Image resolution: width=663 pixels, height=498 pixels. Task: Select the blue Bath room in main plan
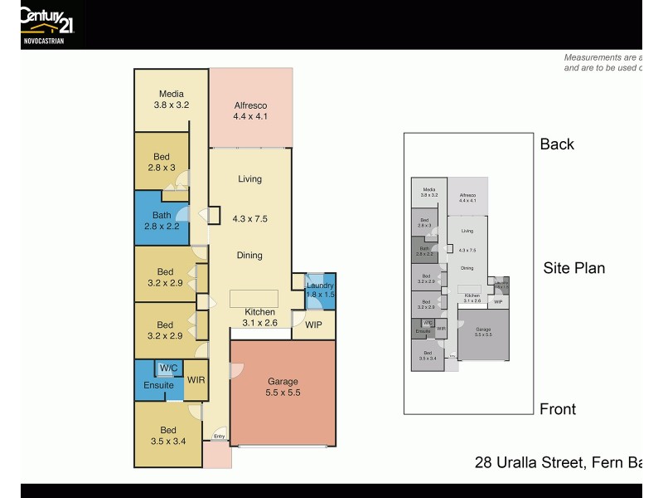point(162,220)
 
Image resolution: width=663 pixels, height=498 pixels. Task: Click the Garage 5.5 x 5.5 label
point(283,388)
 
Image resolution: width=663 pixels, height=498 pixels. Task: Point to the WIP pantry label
point(313,325)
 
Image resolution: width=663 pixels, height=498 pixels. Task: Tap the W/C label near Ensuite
point(168,368)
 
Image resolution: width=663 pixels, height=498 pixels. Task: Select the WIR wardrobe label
point(196,380)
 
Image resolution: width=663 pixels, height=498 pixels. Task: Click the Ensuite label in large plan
point(158,385)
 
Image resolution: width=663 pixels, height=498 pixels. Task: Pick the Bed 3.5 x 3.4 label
point(168,436)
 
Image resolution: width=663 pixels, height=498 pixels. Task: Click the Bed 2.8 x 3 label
point(162,162)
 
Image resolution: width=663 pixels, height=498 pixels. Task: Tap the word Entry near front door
point(219,436)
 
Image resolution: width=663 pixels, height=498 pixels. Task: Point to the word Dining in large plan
point(249,256)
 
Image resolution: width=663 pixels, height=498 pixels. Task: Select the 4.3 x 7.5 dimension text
point(249,219)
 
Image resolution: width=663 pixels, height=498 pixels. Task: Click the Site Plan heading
point(573,268)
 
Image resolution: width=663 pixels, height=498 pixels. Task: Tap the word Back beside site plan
point(557,144)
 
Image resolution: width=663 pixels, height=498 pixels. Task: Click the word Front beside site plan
point(558,409)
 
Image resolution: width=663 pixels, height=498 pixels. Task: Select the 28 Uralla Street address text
point(557,462)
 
